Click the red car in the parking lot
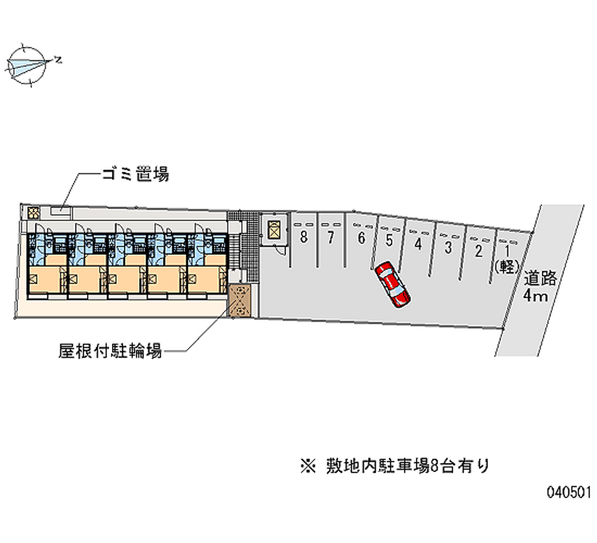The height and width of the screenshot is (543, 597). [393, 284]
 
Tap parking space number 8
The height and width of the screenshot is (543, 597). [304, 238]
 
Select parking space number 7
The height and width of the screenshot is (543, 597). [329, 238]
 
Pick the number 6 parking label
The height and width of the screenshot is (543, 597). [361, 239]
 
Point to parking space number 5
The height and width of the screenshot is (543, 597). [389, 241]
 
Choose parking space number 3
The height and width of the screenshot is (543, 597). [448, 246]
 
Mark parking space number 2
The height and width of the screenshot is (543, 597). [478, 250]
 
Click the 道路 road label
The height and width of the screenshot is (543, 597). [539, 279]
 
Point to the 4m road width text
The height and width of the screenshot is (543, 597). [536, 297]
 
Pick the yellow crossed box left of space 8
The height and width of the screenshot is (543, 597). [274, 229]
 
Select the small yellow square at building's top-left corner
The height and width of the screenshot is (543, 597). [32, 212]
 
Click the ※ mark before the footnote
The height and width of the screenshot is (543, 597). [307, 467]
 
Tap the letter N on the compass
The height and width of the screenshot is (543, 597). [57, 58]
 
